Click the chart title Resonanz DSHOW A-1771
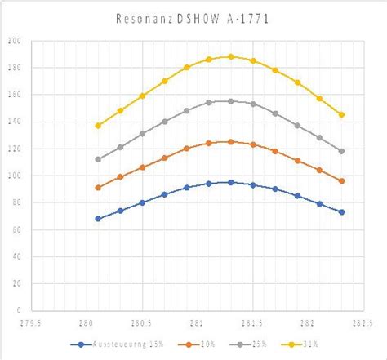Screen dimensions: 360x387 coord(193,16)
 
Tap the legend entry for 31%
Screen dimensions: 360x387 coord(307,344)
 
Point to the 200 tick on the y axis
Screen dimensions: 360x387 coord(15,41)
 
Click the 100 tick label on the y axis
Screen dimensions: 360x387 coord(15,176)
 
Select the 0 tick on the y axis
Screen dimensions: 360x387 coord(18,310)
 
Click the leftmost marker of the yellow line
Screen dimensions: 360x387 coord(98,126)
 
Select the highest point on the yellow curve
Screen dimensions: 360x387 coord(231,57)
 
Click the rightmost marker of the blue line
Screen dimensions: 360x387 coord(341,212)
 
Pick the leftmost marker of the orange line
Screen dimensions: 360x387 coord(98,188)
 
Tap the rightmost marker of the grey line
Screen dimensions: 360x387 coord(341,151)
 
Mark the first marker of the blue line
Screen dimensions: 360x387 coord(98,219)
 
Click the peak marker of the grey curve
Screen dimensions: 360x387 coord(231,101)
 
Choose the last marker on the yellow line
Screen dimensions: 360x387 coord(341,115)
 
